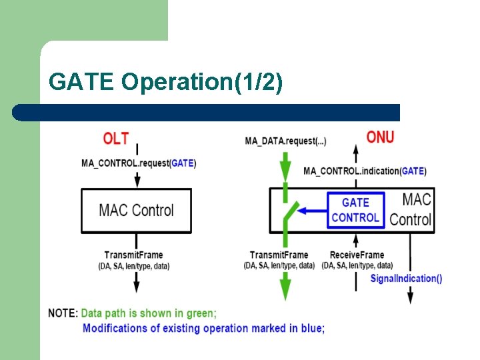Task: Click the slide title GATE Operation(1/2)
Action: pyautogui.click(x=165, y=82)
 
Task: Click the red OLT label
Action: pyautogui.click(x=115, y=139)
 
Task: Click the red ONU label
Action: pyautogui.click(x=380, y=137)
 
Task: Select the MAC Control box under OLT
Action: pyautogui.click(x=136, y=210)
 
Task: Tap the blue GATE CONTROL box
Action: pyautogui.click(x=355, y=210)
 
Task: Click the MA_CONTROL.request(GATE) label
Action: pyautogui.click(x=139, y=163)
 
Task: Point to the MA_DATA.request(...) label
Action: pyautogui.click(x=285, y=141)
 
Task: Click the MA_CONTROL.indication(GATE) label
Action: pyautogui.click(x=365, y=171)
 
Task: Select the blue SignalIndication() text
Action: pyautogui.click(x=406, y=279)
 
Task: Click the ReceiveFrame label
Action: pyautogui.click(x=357, y=255)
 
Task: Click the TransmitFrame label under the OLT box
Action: pyautogui.click(x=133, y=255)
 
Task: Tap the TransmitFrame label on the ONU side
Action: pyautogui.click(x=279, y=255)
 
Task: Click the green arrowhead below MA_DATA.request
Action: pyautogui.click(x=285, y=164)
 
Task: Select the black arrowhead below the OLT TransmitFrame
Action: pyautogui.click(x=137, y=286)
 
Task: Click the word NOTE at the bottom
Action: pyautogui.click(x=63, y=313)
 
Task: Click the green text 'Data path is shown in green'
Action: pyautogui.click(x=149, y=313)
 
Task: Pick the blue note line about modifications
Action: pyautogui.click(x=203, y=328)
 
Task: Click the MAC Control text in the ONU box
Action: pyautogui.click(x=411, y=209)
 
